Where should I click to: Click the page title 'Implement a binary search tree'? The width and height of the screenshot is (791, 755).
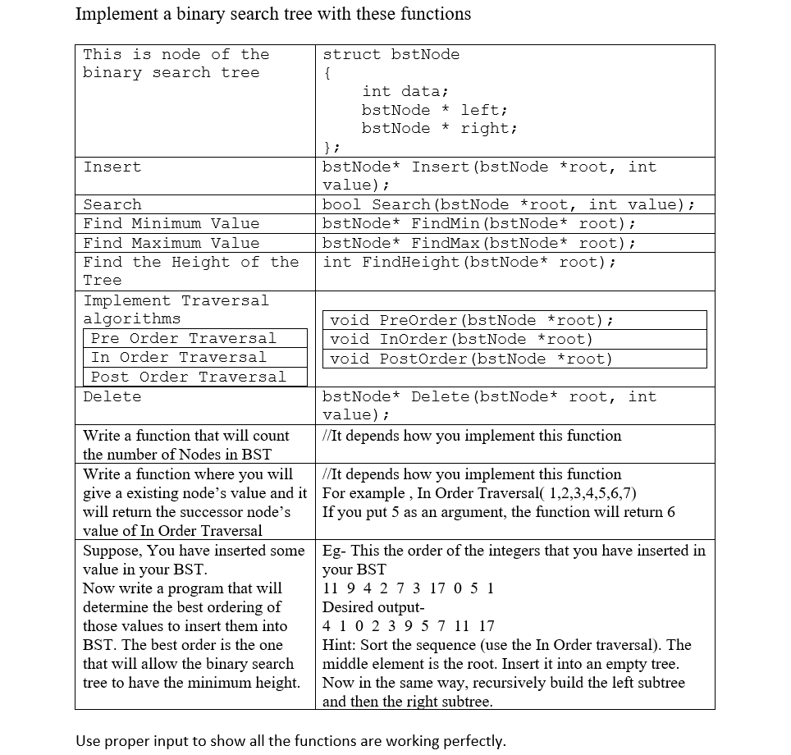tap(272, 14)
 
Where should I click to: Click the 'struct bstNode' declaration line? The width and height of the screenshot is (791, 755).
tap(391, 54)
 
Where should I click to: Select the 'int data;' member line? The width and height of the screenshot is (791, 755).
tap(405, 91)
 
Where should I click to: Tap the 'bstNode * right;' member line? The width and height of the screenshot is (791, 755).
tap(439, 128)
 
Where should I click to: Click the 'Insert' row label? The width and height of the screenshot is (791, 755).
tap(112, 167)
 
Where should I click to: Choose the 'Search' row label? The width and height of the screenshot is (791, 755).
tap(112, 204)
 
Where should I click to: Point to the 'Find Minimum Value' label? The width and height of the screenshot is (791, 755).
tap(171, 223)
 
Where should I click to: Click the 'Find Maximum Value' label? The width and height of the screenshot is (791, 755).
tap(171, 243)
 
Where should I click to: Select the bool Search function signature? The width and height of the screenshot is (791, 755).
tap(509, 204)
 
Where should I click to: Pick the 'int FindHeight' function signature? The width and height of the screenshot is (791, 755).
tap(469, 262)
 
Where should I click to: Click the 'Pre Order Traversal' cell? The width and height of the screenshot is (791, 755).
tap(184, 338)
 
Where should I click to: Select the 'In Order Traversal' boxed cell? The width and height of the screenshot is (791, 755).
tap(179, 357)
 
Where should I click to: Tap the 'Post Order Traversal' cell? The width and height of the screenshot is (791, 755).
tap(189, 377)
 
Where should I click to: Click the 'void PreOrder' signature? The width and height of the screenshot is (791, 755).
tap(472, 320)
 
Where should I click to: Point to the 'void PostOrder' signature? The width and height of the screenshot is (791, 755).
tap(471, 359)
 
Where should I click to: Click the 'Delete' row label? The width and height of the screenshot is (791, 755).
tap(112, 396)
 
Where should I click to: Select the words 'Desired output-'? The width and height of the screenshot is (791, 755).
tap(373, 607)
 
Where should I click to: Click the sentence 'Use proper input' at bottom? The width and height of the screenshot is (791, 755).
tap(290, 740)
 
